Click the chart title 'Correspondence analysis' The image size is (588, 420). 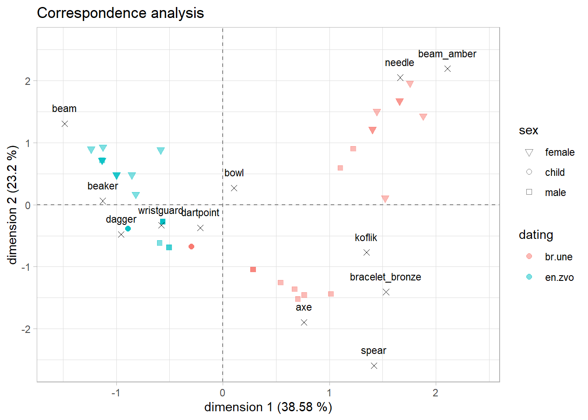[120, 13]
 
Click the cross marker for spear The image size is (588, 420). [374, 366]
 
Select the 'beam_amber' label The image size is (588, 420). [447, 54]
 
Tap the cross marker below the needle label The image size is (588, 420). [400, 78]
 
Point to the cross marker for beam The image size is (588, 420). [65, 124]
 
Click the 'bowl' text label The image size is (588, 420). [234, 173]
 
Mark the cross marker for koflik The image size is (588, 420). [367, 252]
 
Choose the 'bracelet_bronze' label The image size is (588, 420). [385, 277]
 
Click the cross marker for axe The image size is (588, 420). [304, 322]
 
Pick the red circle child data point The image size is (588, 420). [191, 247]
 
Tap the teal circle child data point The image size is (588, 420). [128, 229]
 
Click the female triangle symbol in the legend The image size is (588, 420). [529, 153]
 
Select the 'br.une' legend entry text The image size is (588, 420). [558, 257]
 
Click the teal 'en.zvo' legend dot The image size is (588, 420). [529, 277]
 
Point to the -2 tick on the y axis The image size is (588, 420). [26, 329]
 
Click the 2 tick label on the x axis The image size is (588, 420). [435, 393]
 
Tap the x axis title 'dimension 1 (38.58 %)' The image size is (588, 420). [268, 407]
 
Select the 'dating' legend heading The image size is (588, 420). [535, 235]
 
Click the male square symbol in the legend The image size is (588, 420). [529, 192]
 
